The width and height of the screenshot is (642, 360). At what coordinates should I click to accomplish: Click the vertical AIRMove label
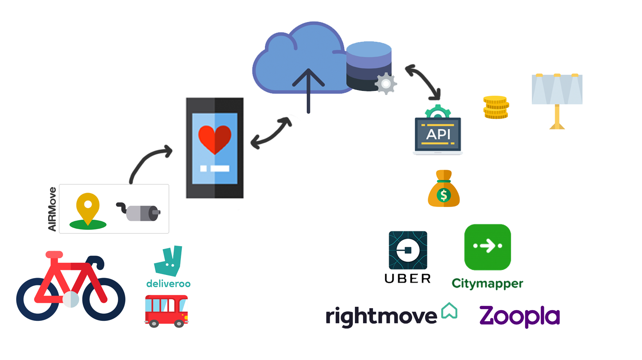(53, 209)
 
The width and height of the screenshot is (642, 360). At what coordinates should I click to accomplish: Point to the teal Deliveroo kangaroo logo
(168, 261)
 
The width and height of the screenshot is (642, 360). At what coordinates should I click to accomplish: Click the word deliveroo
(168, 284)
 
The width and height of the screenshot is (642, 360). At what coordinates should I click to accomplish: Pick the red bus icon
(166, 310)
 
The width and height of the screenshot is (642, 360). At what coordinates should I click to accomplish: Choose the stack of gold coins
(496, 108)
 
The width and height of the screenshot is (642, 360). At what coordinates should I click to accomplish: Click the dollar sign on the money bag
(444, 195)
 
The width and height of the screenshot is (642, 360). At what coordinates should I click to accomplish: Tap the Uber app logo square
(408, 250)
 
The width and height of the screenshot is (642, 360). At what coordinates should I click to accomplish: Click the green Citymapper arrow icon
(488, 247)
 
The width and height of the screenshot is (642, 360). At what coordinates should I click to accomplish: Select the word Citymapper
(487, 283)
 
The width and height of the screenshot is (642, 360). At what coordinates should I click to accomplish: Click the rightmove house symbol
(449, 310)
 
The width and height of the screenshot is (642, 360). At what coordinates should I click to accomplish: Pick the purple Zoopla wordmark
(519, 316)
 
